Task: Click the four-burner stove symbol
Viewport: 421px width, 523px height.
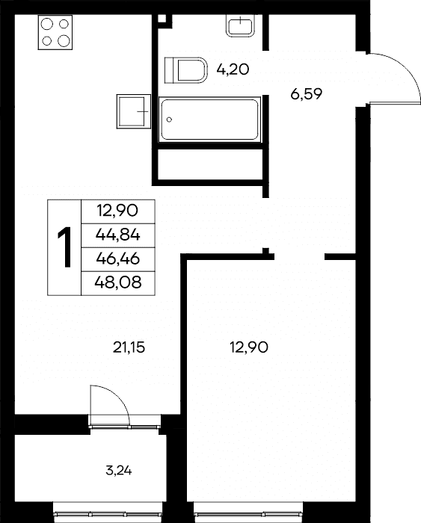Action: click(x=55, y=32)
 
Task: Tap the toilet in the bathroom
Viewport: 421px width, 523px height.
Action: click(x=186, y=70)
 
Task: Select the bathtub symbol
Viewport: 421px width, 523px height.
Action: click(x=209, y=120)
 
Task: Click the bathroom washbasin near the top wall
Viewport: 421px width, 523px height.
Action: click(x=240, y=25)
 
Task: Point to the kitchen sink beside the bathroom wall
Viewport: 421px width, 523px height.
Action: click(x=134, y=111)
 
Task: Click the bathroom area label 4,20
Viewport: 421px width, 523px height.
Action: click(x=233, y=69)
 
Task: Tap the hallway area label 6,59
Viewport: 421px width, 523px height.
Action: click(x=306, y=94)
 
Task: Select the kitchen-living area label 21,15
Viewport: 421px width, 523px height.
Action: click(x=129, y=348)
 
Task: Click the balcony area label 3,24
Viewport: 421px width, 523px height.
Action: click(x=118, y=471)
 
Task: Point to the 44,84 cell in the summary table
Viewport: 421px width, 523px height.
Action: click(x=118, y=235)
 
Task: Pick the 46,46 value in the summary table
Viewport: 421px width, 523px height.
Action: click(x=118, y=259)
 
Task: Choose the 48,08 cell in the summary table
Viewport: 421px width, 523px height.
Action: click(x=118, y=283)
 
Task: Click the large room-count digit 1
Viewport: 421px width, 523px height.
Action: click(x=64, y=247)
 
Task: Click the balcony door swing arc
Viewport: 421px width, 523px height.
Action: click(x=118, y=397)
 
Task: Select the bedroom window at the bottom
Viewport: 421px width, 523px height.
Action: click(x=248, y=513)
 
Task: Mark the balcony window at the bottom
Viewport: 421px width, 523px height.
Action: click(x=108, y=513)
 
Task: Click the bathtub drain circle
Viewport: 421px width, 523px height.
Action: click(x=169, y=120)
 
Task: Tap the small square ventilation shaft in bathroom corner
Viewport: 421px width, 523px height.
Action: click(x=162, y=19)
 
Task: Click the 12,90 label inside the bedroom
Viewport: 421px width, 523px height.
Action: click(x=249, y=348)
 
